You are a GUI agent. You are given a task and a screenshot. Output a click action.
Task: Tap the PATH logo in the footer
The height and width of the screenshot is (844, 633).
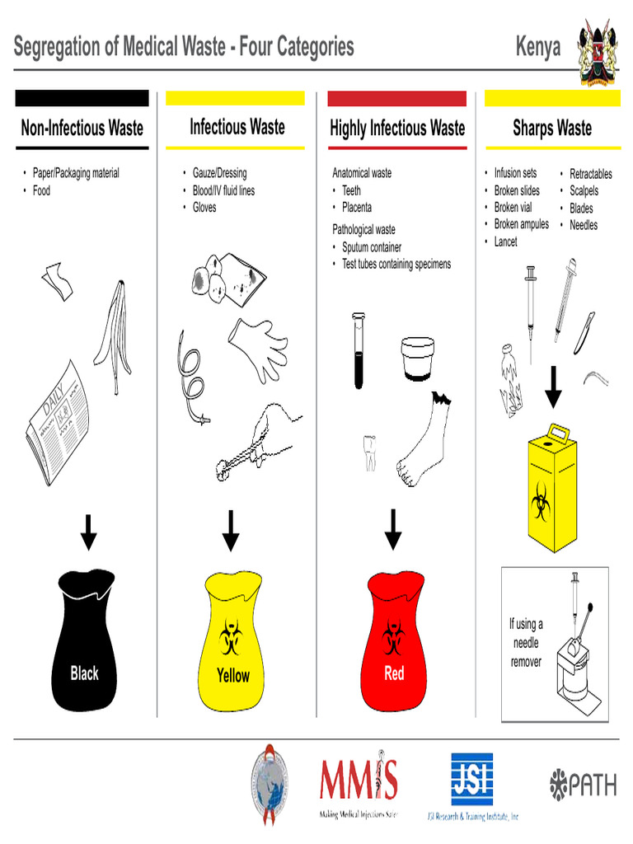(x=583, y=783)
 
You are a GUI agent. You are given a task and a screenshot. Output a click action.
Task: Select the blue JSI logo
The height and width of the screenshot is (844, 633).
(x=471, y=779)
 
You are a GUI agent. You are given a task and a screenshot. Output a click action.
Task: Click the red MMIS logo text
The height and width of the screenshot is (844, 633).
(x=359, y=780)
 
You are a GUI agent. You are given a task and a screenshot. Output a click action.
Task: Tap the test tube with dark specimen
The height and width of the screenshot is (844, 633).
(x=359, y=349)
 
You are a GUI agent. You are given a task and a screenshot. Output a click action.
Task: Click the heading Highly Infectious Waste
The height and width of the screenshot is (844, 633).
(x=397, y=128)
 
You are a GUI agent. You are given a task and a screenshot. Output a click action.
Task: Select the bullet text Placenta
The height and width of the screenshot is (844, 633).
(x=357, y=208)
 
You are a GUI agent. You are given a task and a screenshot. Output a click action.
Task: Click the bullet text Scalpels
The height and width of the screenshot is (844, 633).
(x=584, y=191)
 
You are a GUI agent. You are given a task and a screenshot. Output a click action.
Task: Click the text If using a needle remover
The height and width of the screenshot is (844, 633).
(x=526, y=643)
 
